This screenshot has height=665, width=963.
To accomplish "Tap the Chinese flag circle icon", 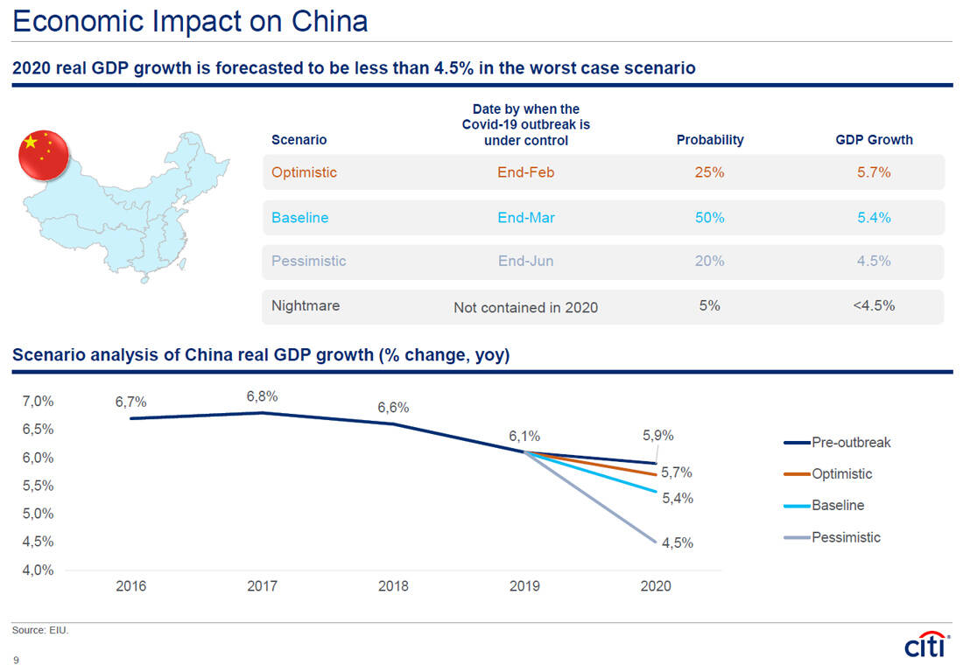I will coord(44,156).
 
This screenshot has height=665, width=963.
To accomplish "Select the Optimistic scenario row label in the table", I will coord(304,172).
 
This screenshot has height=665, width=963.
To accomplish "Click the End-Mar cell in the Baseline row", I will coord(525,217).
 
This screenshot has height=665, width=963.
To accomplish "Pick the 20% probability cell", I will coord(709,261).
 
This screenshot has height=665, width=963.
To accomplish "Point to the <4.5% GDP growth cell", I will coord(873,305).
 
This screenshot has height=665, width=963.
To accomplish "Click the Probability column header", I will coord(709,139).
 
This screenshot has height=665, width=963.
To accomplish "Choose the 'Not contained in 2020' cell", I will coord(525,307).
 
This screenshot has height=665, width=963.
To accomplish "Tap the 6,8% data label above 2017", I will coord(262,396).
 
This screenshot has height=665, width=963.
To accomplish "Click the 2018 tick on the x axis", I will coord(393,586).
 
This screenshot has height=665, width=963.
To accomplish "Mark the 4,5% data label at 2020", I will coord(677,542).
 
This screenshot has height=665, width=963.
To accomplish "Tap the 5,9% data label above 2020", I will coord(657,435).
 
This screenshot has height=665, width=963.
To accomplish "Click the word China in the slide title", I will coord(327,21).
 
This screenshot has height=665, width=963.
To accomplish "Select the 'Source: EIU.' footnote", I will coord(40,630).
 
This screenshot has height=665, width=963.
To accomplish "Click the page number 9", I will coord(16,661).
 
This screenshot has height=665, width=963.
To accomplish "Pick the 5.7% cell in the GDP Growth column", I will coord(873,172).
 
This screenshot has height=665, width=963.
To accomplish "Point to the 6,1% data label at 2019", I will coord(524,435).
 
